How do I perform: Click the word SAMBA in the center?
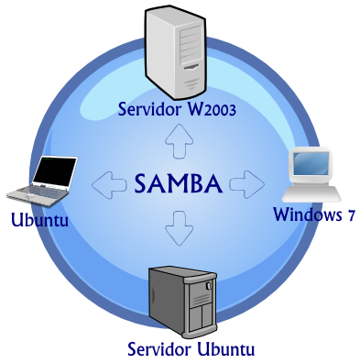178,183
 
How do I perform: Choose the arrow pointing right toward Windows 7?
245,183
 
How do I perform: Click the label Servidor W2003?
178,110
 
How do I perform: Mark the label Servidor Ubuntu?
191,349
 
